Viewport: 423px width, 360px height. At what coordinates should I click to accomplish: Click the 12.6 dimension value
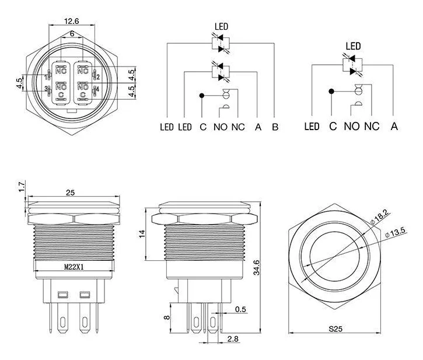click(72, 21)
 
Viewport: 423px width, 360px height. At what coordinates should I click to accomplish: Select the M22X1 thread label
click(74, 267)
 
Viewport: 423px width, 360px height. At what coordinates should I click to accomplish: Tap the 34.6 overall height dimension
click(256, 267)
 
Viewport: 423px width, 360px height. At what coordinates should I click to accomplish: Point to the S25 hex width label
click(335, 328)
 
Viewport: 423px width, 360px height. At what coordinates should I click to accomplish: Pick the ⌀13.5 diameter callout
click(395, 232)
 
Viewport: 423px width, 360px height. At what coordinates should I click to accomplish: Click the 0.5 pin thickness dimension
click(240, 309)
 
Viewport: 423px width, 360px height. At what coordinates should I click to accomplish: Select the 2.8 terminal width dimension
click(233, 338)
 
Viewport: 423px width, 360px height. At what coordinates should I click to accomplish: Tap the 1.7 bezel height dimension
click(22, 187)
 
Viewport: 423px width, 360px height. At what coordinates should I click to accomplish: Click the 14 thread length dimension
click(142, 234)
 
